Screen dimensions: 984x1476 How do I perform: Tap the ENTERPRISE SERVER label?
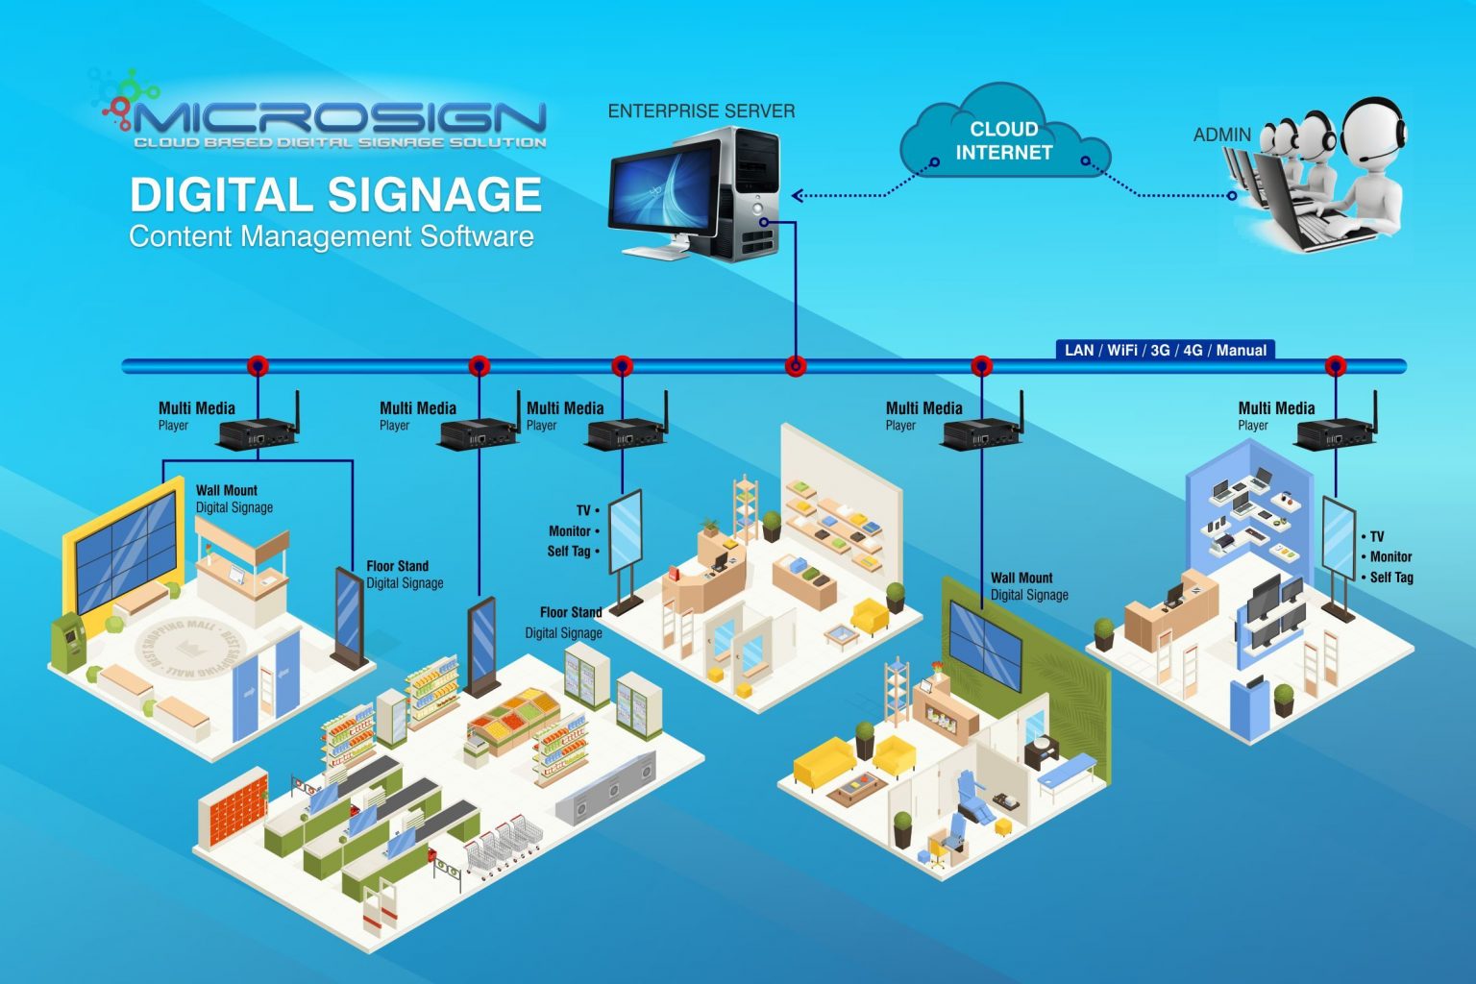click(701, 111)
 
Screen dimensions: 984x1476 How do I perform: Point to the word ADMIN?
click(1221, 135)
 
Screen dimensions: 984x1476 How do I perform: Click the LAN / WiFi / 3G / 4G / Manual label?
click(1165, 350)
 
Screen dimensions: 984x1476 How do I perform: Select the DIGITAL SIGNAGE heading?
click(335, 194)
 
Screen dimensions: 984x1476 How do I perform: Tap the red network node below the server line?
click(795, 366)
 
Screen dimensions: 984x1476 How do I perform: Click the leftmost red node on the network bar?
click(258, 366)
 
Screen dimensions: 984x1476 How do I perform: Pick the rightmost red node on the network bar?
click(1335, 366)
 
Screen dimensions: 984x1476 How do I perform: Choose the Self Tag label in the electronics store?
click(1390, 578)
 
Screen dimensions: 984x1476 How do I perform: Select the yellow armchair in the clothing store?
click(870, 616)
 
